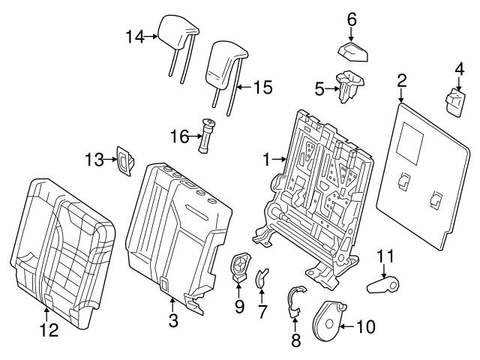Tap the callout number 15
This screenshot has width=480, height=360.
point(261,88)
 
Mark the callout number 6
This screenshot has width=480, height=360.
point(351,19)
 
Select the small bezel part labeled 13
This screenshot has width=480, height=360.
point(122,163)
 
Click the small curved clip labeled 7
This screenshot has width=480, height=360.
point(262,277)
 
